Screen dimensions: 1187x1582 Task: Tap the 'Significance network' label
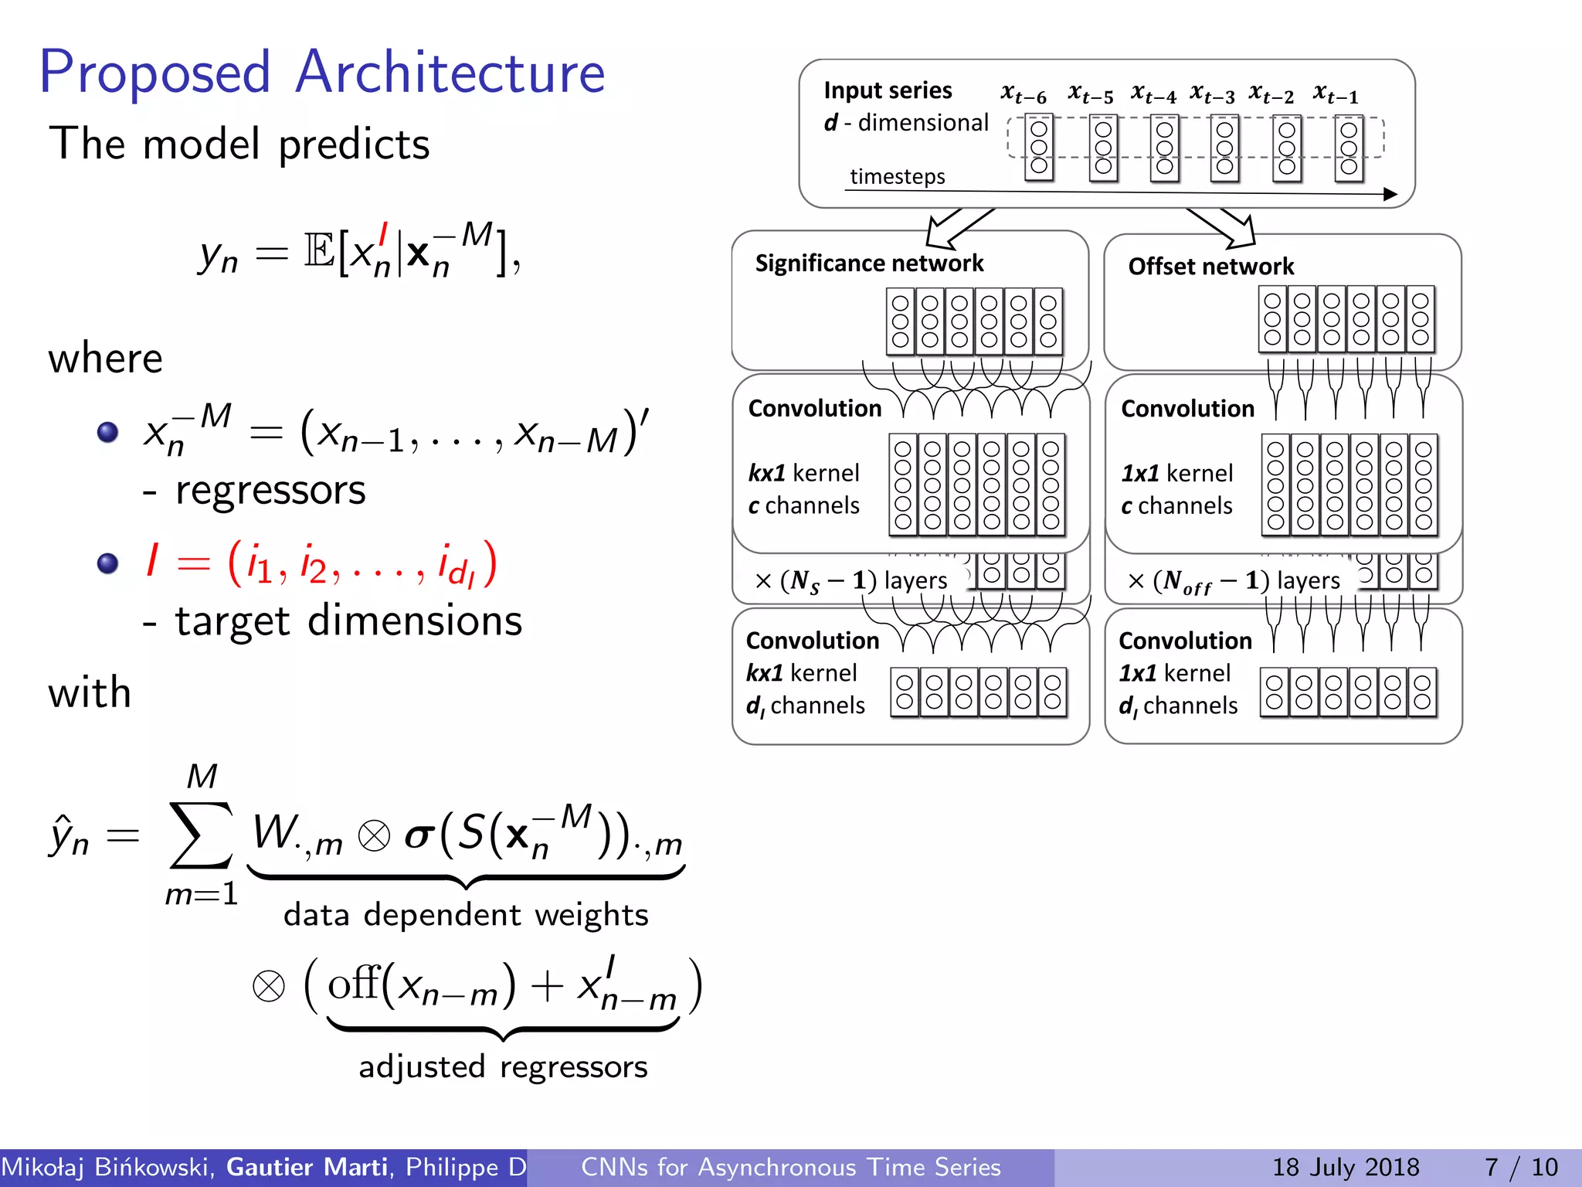coord(869,264)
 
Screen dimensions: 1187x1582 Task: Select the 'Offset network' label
coord(1210,267)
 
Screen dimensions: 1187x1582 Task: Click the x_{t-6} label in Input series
coord(1023,94)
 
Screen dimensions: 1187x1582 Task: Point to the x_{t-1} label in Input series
coord(1335,94)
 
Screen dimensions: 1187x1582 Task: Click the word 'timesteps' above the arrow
coord(897,176)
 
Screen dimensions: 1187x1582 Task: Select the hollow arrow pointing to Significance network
coord(953,226)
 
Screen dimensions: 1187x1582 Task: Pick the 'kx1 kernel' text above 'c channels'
coord(803,472)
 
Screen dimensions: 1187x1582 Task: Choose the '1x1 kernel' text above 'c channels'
coord(1176,472)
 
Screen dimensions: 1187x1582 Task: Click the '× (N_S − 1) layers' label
coord(850,580)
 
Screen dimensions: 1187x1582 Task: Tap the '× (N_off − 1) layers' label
coord(1233,580)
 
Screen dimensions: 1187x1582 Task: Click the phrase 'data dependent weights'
coord(465,915)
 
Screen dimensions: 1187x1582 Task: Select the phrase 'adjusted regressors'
coord(503,1067)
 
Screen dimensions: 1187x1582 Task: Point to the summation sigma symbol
coord(201,835)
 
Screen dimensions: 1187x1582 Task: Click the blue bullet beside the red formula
coord(108,563)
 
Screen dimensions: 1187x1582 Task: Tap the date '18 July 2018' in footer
coord(1346,1167)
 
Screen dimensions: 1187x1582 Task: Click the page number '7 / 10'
coord(1521,1167)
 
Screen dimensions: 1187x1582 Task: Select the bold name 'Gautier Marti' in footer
coord(307,1167)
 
